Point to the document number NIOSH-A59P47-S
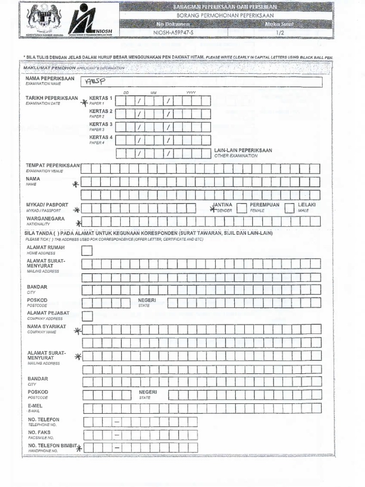click(x=173, y=32)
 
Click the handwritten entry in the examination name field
click(x=95, y=82)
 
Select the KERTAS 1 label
click(x=101, y=98)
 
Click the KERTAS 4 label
click(x=101, y=137)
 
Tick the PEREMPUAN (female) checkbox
click(x=241, y=207)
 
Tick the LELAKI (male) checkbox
click(x=289, y=207)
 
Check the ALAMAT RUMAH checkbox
click(x=87, y=251)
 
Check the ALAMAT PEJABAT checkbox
click(x=87, y=316)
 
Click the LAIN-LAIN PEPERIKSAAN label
click(x=243, y=150)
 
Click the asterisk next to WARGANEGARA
click(x=78, y=223)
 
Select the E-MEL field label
click(x=35, y=406)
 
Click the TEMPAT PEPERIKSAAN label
click(x=53, y=166)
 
